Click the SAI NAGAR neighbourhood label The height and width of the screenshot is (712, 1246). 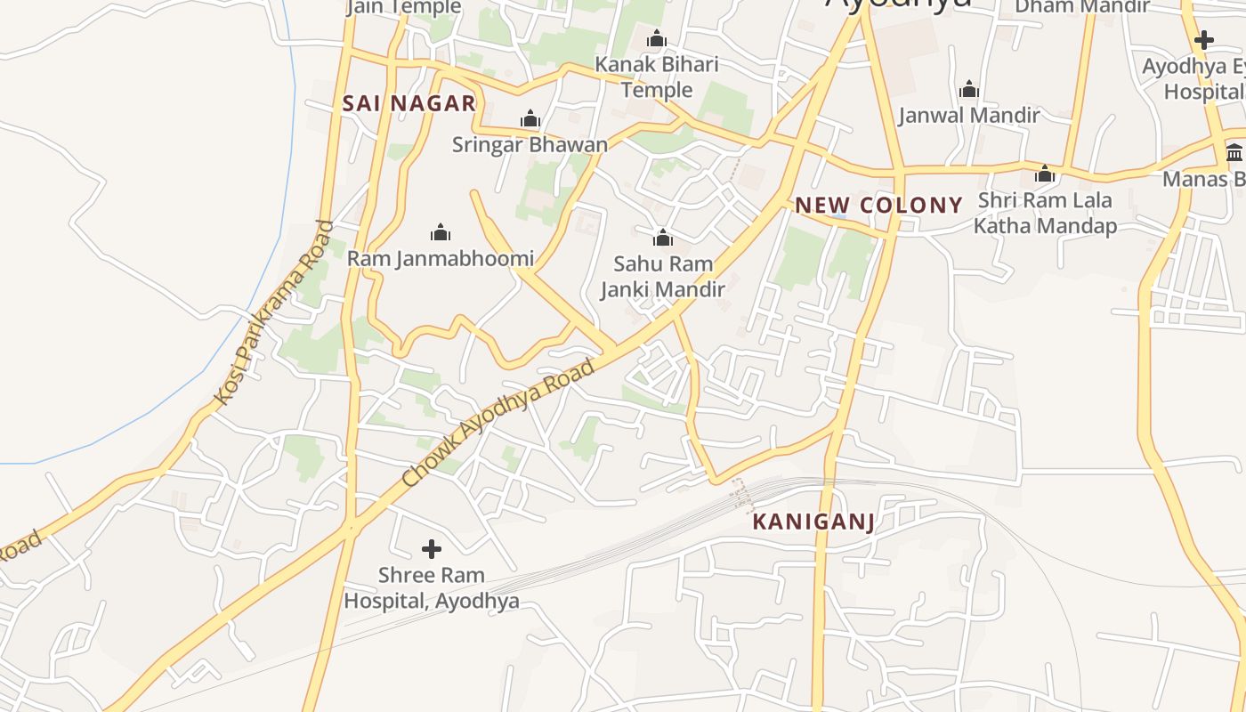coord(409,103)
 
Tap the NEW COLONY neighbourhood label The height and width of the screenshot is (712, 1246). coord(878,206)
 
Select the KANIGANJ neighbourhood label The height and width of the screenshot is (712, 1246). coord(813,522)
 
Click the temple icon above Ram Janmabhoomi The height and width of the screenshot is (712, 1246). coord(441,233)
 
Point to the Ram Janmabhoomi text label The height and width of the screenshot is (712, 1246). coord(441,259)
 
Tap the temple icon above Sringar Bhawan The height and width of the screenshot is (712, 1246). coord(530,118)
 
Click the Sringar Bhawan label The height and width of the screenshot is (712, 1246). coord(530,144)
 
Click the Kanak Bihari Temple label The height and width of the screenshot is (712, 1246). coord(657,77)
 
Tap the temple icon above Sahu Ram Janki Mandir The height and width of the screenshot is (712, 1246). coord(662,238)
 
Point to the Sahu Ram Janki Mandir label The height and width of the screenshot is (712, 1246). coord(662,277)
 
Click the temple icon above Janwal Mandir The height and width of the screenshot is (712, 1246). coord(969,89)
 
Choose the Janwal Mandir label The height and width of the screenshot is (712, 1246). coord(969,115)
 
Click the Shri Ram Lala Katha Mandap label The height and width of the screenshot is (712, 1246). coord(1045,213)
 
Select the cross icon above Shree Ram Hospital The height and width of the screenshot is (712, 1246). coord(432,548)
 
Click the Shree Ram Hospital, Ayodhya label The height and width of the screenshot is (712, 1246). coord(432,588)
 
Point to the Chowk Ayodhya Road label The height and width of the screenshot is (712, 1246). coord(498,423)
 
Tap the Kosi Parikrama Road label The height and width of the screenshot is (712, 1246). coord(274,312)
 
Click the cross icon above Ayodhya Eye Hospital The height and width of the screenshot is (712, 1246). coord(1204,40)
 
